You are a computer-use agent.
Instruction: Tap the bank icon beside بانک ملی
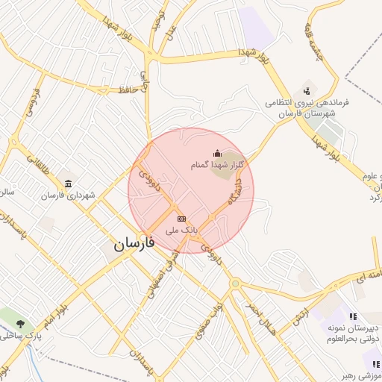pos(181,218)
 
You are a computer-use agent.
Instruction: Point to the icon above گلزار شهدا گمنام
pos(217,153)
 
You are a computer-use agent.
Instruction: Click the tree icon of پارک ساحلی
pos(19,325)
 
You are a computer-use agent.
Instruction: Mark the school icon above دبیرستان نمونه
pos(352,317)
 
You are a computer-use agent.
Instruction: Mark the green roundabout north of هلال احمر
pos(235,284)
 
